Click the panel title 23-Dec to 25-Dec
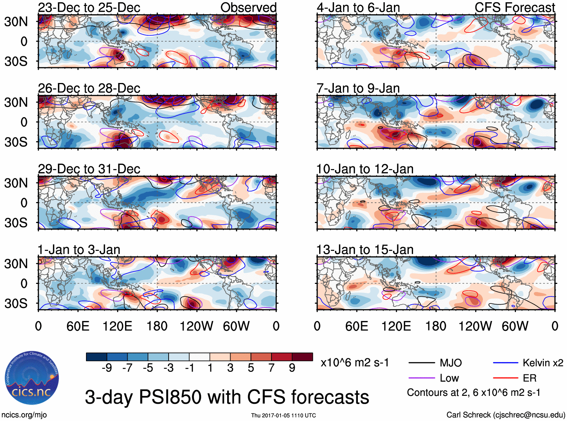click(x=89, y=8)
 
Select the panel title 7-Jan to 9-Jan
click(x=358, y=88)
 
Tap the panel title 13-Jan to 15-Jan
click(x=365, y=250)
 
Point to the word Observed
click(x=248, y=8)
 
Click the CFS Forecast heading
click(x=514, y=8)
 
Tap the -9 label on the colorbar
click(x=107, y=368)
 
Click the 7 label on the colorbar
click(x=271, y=368)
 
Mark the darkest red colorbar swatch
click(x=302, y=357)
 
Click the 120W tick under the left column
click(x=196, y=326)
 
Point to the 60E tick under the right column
click(x=356, y=326)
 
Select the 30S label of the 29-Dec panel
click(x=16, y=223)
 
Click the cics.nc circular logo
click(x=32, y=379)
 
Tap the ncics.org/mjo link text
click(x=24, y=415)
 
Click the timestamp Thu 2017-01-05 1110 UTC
click(x=283, y=415)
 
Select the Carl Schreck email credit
click(x=505, y=415)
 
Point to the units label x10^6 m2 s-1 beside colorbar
click(x=354, y=363)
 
